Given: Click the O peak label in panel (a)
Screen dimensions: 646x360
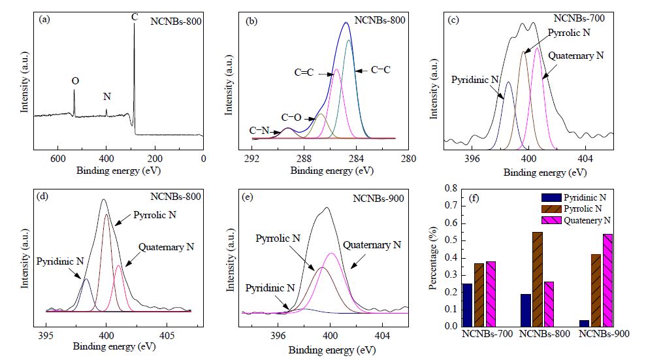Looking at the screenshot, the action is tap(75, 81).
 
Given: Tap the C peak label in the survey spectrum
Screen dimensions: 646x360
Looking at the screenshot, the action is tap(135, 17).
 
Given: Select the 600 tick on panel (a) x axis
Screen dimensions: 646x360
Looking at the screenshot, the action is tap(58, 159).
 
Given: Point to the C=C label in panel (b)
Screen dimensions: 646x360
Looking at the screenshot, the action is tap(304, 73).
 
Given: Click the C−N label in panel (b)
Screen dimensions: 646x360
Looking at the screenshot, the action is tap(259, 131).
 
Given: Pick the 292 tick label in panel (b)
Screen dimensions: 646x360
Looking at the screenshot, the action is tap(251, 159).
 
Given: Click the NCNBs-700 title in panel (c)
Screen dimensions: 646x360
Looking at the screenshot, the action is tap(579, 18).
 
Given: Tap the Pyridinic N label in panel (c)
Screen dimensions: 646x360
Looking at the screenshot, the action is tap(475, 80).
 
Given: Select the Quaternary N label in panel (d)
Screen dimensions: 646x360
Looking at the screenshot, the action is tap(166, 247).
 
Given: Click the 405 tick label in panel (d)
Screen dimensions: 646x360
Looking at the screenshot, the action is tap(167, 336).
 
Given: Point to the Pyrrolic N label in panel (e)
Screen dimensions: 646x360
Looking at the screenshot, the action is tap(278, 238).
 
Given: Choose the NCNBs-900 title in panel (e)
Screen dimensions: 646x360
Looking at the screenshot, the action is tap(378, 199).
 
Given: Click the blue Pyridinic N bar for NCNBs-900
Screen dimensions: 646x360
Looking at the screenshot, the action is tap(584, 323).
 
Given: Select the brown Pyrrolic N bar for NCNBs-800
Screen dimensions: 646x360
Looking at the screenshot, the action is tap(537, 279).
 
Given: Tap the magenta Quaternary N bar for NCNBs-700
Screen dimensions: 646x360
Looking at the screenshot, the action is tap(491, 294).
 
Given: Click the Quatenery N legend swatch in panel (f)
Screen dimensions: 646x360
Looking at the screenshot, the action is tap(551, 220).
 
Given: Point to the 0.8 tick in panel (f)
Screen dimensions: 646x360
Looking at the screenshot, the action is tap(451, 189).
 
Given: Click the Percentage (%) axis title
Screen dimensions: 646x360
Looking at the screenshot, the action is tap(432, 258).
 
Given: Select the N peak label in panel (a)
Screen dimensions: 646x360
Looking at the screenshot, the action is tap(107, 97).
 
